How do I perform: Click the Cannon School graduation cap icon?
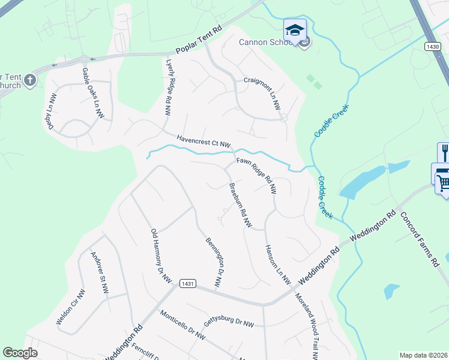(x=295, y=30)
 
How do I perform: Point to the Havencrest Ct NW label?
(x=203, y=141)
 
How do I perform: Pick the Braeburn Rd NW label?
(x=240, y=205)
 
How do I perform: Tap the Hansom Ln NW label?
(x=277, y=265)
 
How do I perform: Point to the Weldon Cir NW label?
(x=71, y=307)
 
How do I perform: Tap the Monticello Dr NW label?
(x=182, y=325)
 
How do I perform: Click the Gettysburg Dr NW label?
(x=229, y=322)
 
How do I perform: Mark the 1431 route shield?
(x=187, y=283)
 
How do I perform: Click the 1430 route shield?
(x=431, y=46)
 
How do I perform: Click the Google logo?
(x=20, y=353)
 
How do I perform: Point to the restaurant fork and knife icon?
(x=444, y=152)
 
